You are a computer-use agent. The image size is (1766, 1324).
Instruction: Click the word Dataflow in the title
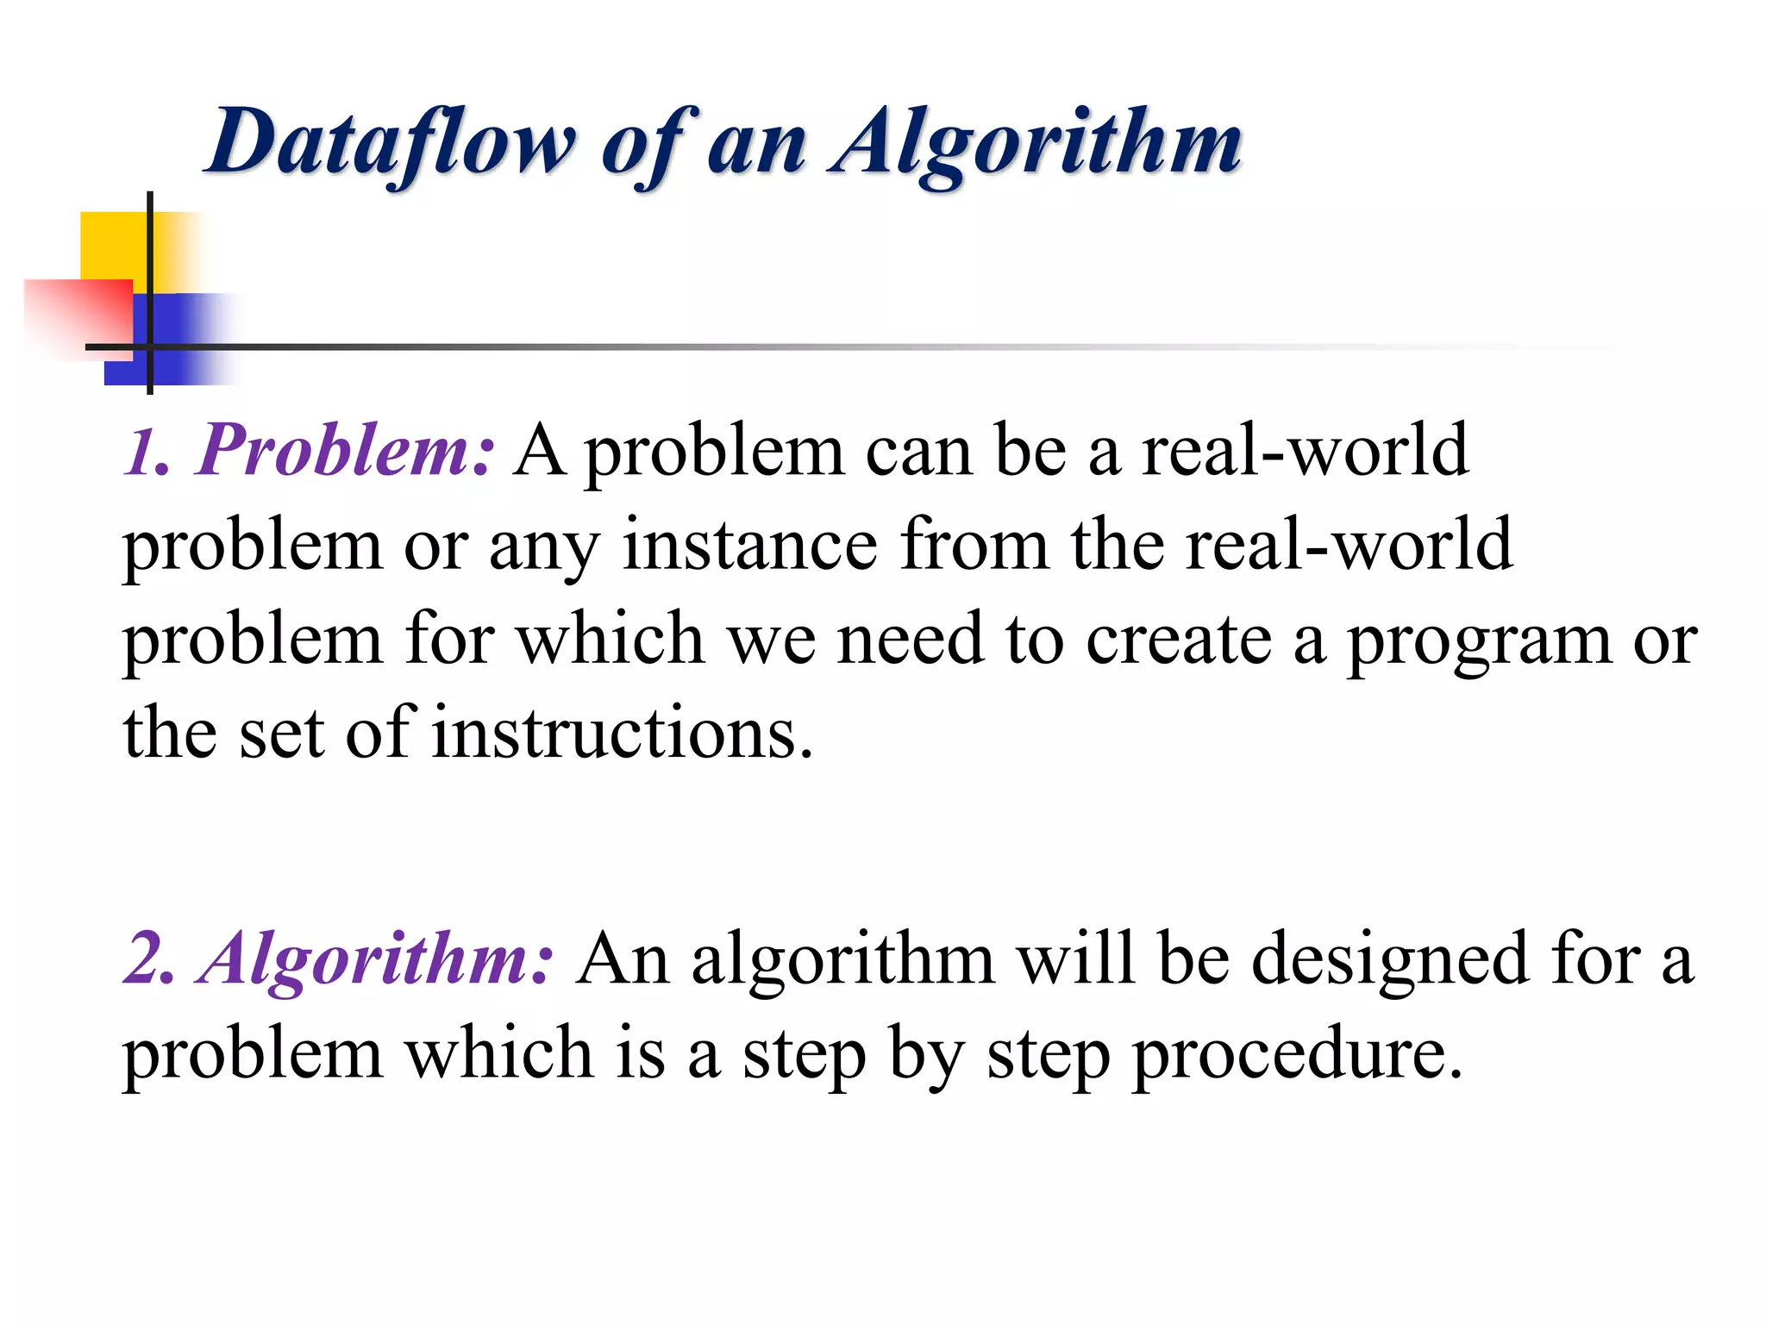point(391,143)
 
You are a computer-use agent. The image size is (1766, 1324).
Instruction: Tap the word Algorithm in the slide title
point(1035,143)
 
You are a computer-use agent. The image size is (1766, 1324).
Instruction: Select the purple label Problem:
point(346,451)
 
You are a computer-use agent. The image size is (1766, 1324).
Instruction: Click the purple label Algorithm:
point(376,959)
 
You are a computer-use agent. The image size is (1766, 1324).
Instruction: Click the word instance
point(750,545)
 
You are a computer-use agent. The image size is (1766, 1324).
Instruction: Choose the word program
point(1479,641)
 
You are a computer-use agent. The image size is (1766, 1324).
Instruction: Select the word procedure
point(1298,1054)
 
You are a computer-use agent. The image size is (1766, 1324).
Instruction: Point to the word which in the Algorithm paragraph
point(500,1052)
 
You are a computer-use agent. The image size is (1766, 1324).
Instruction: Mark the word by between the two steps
point(926,1054)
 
